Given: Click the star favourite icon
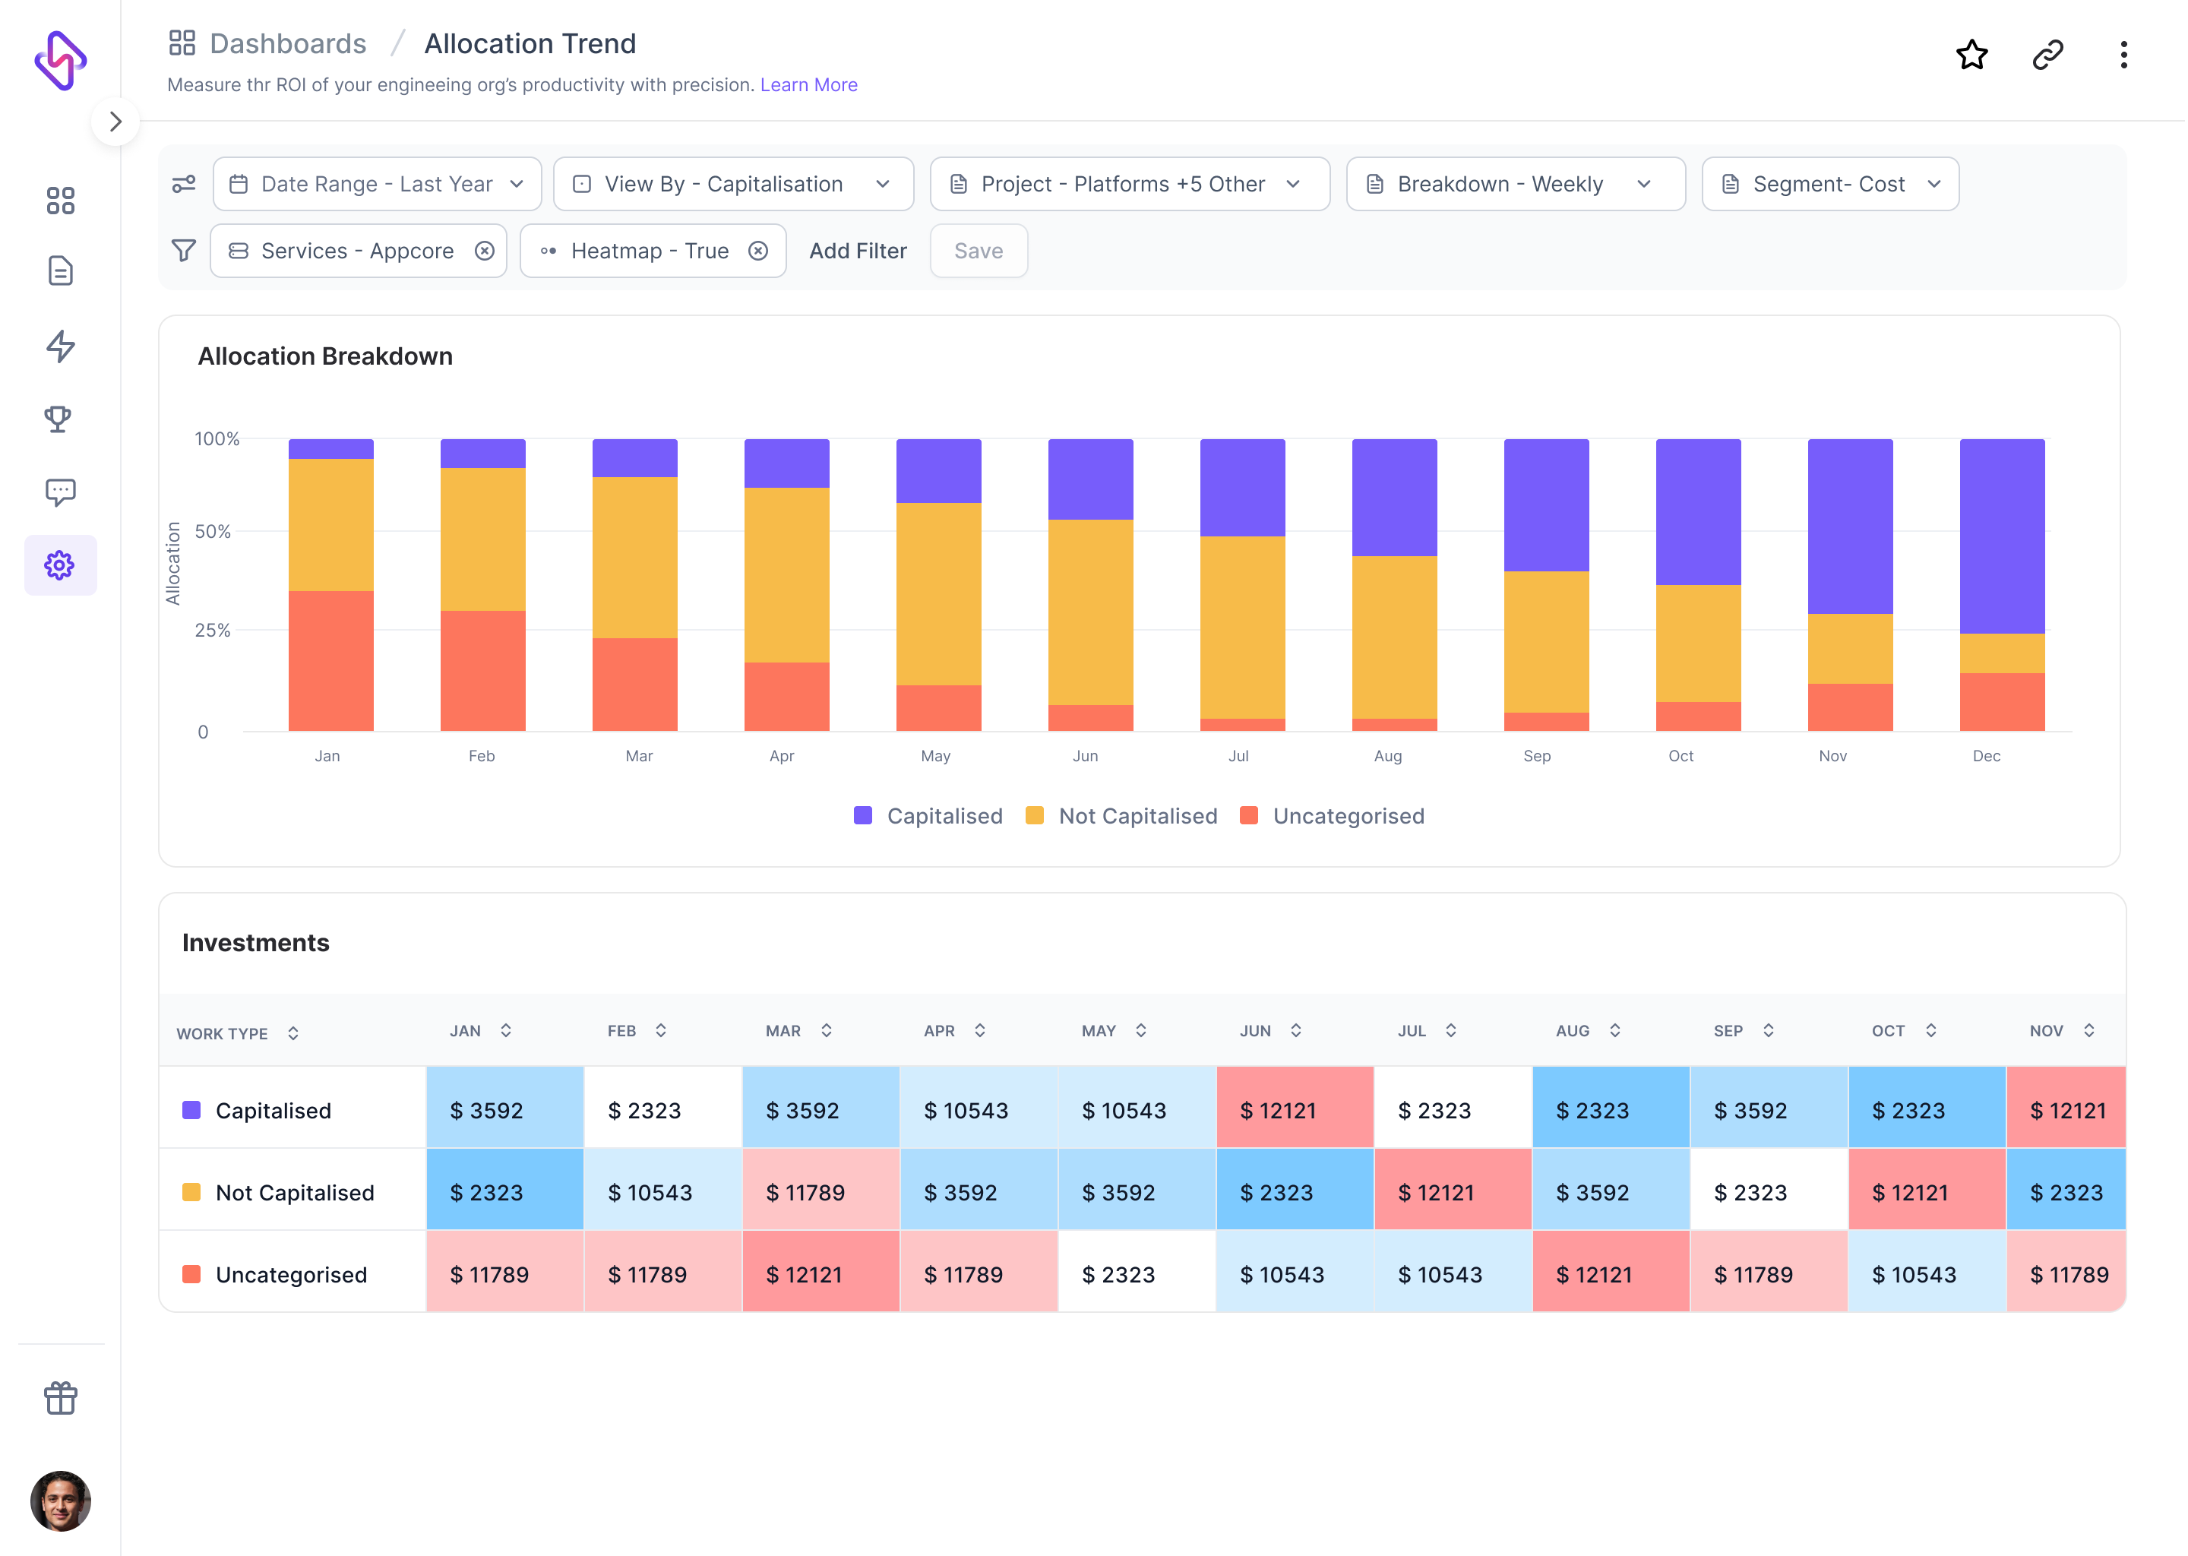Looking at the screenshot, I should (x=1971, y=55).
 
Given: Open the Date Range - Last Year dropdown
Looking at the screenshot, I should (x=378, y=184).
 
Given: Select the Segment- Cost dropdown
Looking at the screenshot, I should (x=1829, y=184).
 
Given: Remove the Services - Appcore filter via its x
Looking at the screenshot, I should (x=485, y=251).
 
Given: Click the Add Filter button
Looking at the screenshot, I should (x=858, y=251).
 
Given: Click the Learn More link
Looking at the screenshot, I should (x=808, y=84).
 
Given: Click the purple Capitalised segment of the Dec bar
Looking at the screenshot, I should (x=2001, y=536).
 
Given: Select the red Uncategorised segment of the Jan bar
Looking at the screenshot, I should (x=330, y=661).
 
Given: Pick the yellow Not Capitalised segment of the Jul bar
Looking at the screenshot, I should (x=1241, y=628).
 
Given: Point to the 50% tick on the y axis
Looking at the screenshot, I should (x=213, y=532).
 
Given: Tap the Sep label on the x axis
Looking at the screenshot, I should (x=1537, y=756).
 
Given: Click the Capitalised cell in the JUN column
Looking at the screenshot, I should (x=1295, y=1111).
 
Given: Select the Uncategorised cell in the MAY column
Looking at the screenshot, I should (x=1136, y=1274).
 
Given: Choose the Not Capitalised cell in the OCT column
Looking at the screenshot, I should (x=1927, y=1193).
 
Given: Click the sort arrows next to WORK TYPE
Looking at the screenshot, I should (x=293, y=1033).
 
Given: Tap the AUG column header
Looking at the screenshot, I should (x=1573, y=1031).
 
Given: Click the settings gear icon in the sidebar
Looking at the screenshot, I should (x=59, y=565).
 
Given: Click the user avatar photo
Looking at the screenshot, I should (x=60, y=1501).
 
